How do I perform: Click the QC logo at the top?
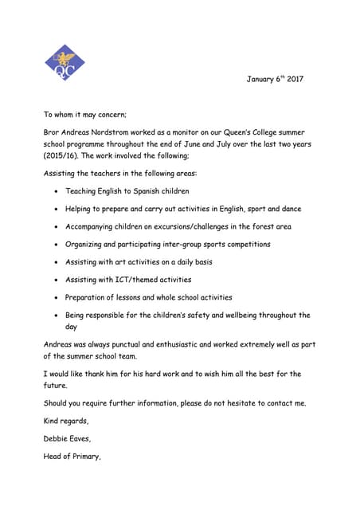[65, 64]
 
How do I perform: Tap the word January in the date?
[260, 80]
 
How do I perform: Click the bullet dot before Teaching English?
[55, 192]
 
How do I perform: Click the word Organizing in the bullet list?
[86, 244]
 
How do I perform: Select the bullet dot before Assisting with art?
[55, 262]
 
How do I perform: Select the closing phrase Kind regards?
[65, 420]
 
